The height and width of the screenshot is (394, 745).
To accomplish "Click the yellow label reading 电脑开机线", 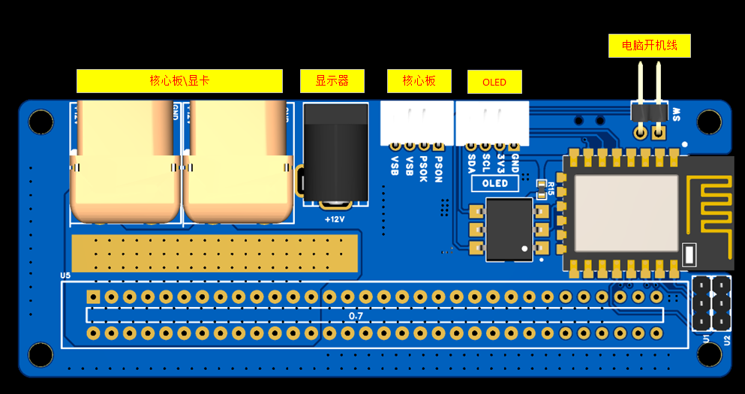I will point(649,46).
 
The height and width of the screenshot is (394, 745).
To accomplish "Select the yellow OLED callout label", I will point(494,82).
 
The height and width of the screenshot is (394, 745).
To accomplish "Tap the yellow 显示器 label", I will point(332,81).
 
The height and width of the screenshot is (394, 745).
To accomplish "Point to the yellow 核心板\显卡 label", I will point(179,81).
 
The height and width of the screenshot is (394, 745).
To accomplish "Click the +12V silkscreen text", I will point(334,219).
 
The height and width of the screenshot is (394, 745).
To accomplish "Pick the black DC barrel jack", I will point(335,153).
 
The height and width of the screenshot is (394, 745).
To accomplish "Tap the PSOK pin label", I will point(424,168).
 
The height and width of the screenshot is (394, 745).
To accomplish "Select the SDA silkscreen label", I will point(471,162).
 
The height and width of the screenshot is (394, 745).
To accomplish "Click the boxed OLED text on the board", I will point(494,183).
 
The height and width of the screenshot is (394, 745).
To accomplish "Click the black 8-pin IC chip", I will point(506,230).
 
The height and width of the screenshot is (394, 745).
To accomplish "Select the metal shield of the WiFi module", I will point(626,213).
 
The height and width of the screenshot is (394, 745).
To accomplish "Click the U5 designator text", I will point(65,275).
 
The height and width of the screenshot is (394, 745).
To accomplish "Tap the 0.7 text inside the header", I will point(356,316).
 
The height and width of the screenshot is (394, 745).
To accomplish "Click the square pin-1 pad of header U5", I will point(93,296).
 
